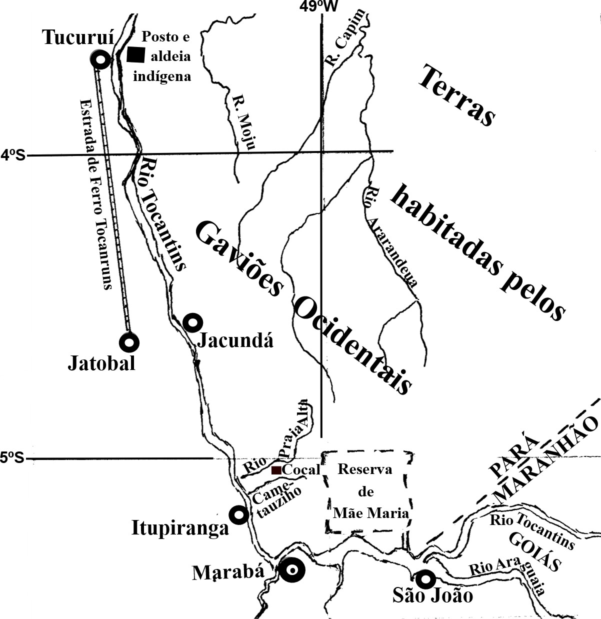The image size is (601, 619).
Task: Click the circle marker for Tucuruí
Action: [101, 60]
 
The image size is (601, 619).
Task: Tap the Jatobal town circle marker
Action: [129, 342]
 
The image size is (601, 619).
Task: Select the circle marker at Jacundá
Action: [192, 322]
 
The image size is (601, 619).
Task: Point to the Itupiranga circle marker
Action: [238, 514]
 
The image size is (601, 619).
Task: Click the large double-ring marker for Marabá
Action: [291, 570]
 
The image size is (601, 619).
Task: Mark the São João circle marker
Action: [425, 579]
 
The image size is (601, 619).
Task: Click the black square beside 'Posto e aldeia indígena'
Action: [135, 54]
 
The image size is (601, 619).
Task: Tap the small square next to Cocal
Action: [275, 470]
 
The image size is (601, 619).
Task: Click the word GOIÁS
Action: [534, 552]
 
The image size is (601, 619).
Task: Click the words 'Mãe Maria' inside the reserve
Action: [371, 512]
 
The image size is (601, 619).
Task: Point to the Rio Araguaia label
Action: [506, 572]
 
